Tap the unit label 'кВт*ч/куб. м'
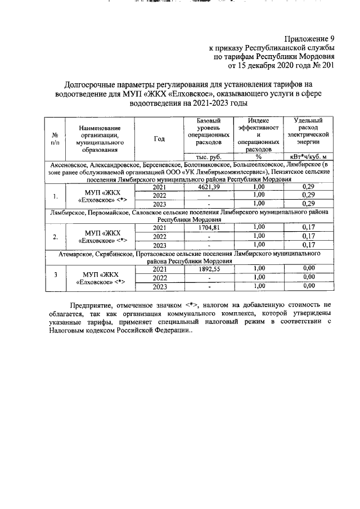pyautogui.click(x=308, y=156)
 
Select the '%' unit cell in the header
pyautogui.click(x=258, y=156)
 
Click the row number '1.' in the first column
pyautogui.click(x=55, y=196)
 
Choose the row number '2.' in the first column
pyautogui.click(x=55, y=237)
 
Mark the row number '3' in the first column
pyautogui.click(x=55, y=278)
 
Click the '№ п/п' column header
pyautogui.click(x=55, y=139)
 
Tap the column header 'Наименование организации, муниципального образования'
pyautogui.click(x=99, y=139)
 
